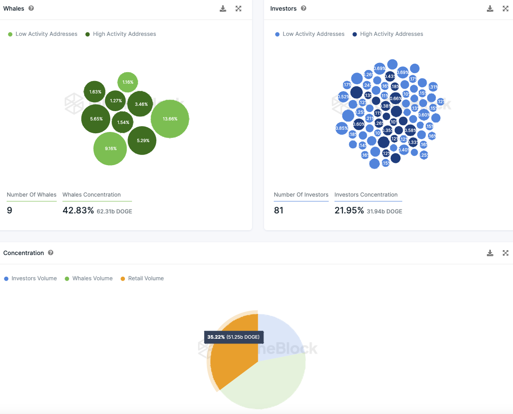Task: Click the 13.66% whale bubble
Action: pyautogui.click(x=170, y=119)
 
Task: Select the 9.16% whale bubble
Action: pyautogui.click(x=110, y=149)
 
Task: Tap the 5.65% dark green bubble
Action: pyautogui.click(x=96, y=119)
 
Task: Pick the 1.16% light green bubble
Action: pyautogui.click(x=128, y=82)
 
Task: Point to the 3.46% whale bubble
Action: pyautogui.click(x=140, y=104)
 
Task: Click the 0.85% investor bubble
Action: pyautogui.click(x=342, y=128)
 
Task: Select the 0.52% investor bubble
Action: pyautogui.click(x=343, y=97)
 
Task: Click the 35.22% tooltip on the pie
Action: pyautogui.click(x=233, y=337)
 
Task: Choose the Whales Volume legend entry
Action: pyautogui.click(x=92, y=279)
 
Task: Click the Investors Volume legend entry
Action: pyautogui.click(x=34, y=279)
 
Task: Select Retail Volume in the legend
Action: pyautogui.click(x=146, y=279)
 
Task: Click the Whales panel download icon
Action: pyautogui.click(x=223, y=8)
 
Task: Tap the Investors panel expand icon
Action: pyautogui.click(x=505, y=8)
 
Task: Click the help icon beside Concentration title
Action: pyautogui.click(x=51, y=253)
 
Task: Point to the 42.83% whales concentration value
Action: pyautogui.click(x=78, y=210)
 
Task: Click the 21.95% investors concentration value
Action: pyautogui.click(x=349, y=210)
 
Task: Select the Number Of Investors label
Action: pyautogui.click(x=301, y=195)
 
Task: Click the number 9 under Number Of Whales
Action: pyautogui.click(x=9, y=210)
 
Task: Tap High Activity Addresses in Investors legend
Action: pyautogui.click(x=391, y=34)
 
